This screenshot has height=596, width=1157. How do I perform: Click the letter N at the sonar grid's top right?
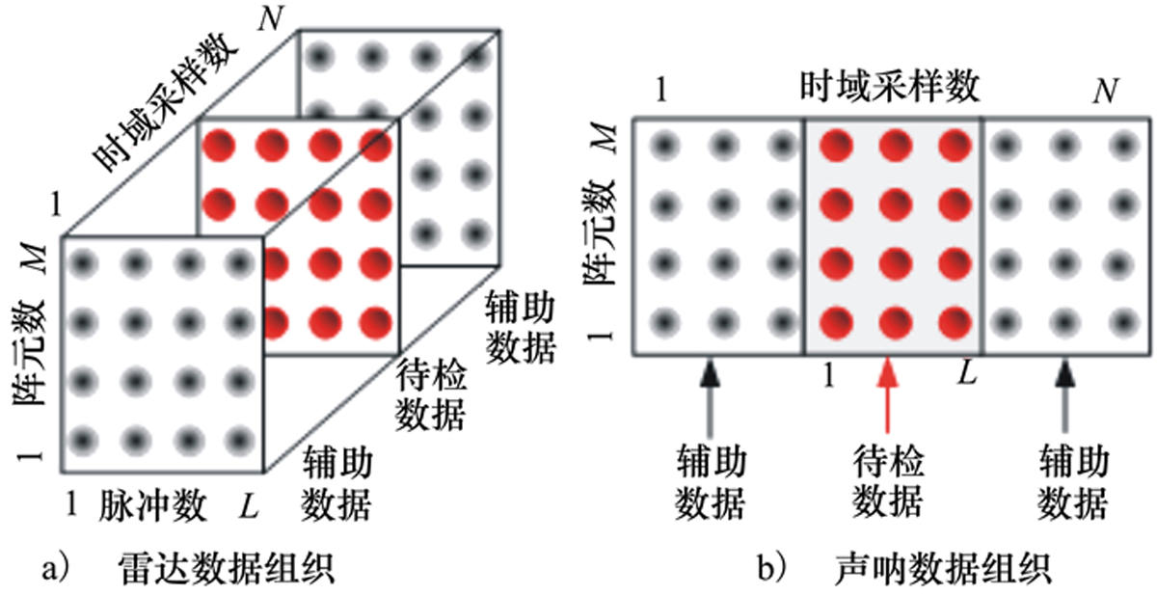1106,92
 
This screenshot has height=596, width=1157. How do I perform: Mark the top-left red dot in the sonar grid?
835,147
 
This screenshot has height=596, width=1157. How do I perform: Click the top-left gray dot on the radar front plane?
85,261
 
